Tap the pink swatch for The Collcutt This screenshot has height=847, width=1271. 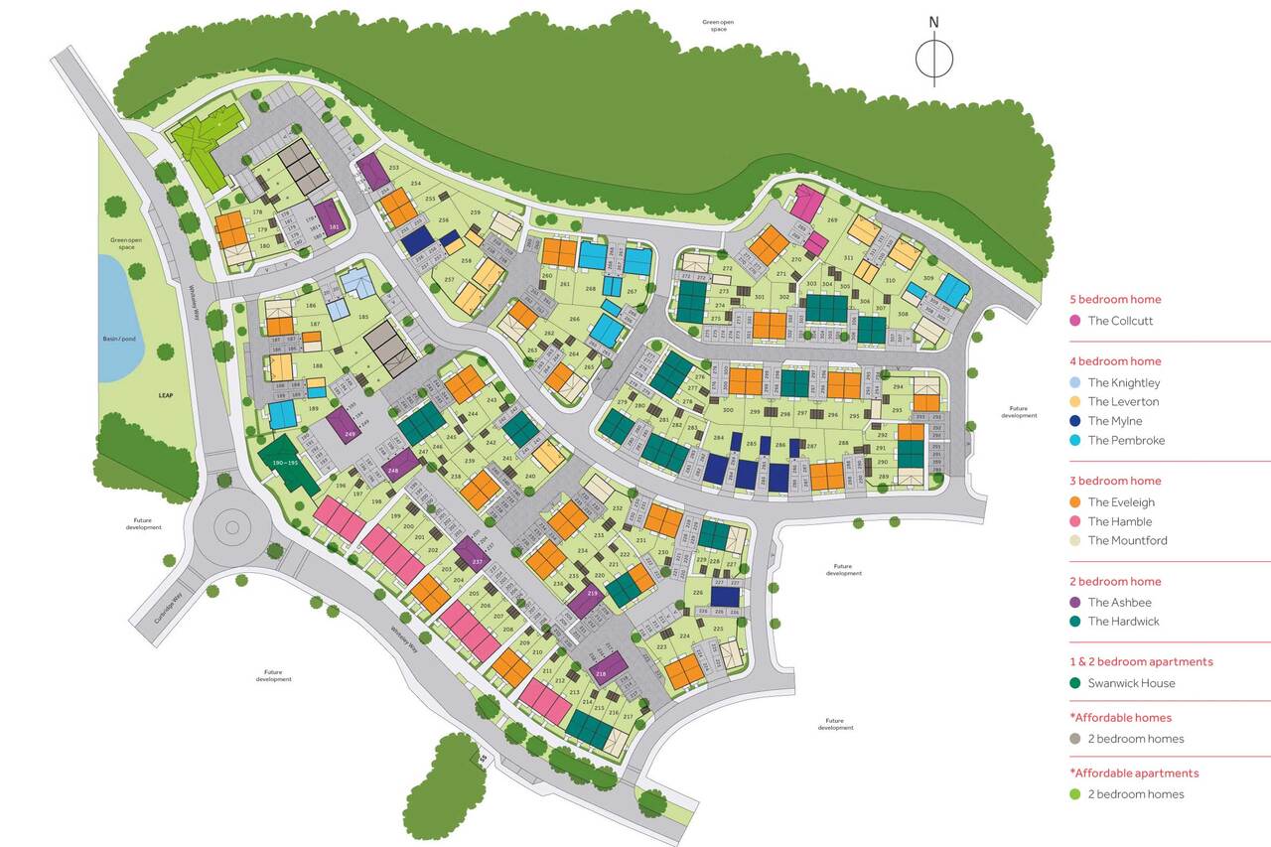pyautogui.click(x=1074, y=321)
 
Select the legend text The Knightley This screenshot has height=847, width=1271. pyautogui.click(x=1123, y=382)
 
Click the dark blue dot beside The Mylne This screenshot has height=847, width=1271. pyautogui.click(x=1074, y=421)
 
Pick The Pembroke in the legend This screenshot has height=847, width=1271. pyautogui.click(x=1126, y=440)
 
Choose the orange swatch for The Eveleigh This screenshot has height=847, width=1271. pyautogui.click(x=1074, y=502)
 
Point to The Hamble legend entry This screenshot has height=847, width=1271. pyautogui.click(x=1120, y=521)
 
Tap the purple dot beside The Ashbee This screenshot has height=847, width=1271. pyautogui.click(x=1074, y=603)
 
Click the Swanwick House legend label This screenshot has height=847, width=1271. pyautogui.click(x=1131, y=683)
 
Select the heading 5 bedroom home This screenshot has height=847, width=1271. pyautogui.click(x=1114, y=299)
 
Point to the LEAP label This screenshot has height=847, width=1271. pyautogui.click(x=165, y=395)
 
